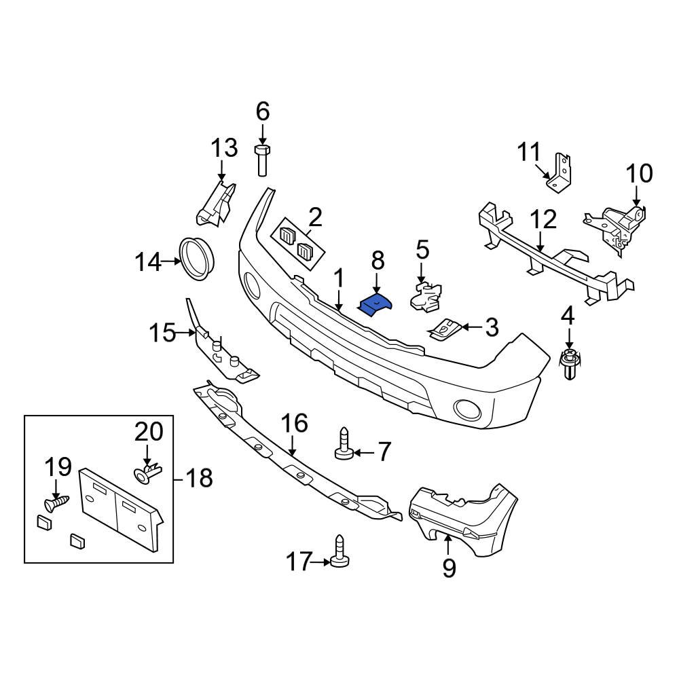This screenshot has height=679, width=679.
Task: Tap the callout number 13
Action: point(223,148)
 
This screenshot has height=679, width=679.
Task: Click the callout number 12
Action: point(544,219)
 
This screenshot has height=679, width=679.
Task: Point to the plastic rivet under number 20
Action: point(147,471)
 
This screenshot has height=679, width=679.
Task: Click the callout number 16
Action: point(295,423)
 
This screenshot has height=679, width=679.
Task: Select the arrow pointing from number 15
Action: point(186,333)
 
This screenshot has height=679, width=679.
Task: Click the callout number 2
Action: point(314,218)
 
